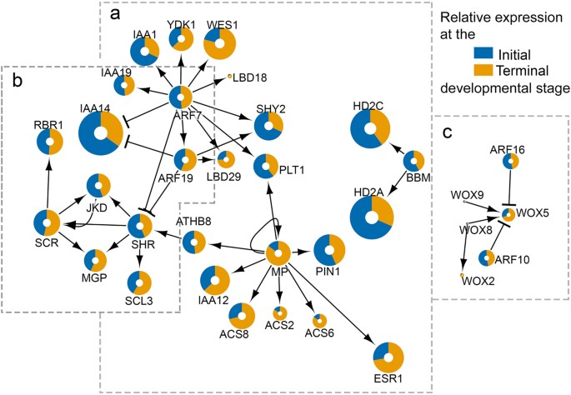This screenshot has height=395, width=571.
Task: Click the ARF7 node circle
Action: [x=182, y=97]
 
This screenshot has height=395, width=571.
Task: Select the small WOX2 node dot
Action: [x=462, y=273]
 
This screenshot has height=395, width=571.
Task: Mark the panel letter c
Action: [x=447, y=132]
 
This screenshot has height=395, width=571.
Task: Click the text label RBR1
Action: [x=48, y=124]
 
